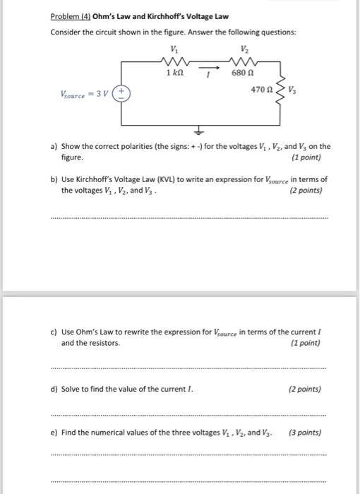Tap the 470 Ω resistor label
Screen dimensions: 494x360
[260, 90]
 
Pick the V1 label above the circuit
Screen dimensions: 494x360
[173, 49]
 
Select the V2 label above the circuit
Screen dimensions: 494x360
[244, 49]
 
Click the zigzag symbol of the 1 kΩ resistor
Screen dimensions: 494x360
[173, 61]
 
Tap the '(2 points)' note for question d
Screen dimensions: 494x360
[305, 389]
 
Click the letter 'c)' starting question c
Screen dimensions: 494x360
[54, 332]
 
